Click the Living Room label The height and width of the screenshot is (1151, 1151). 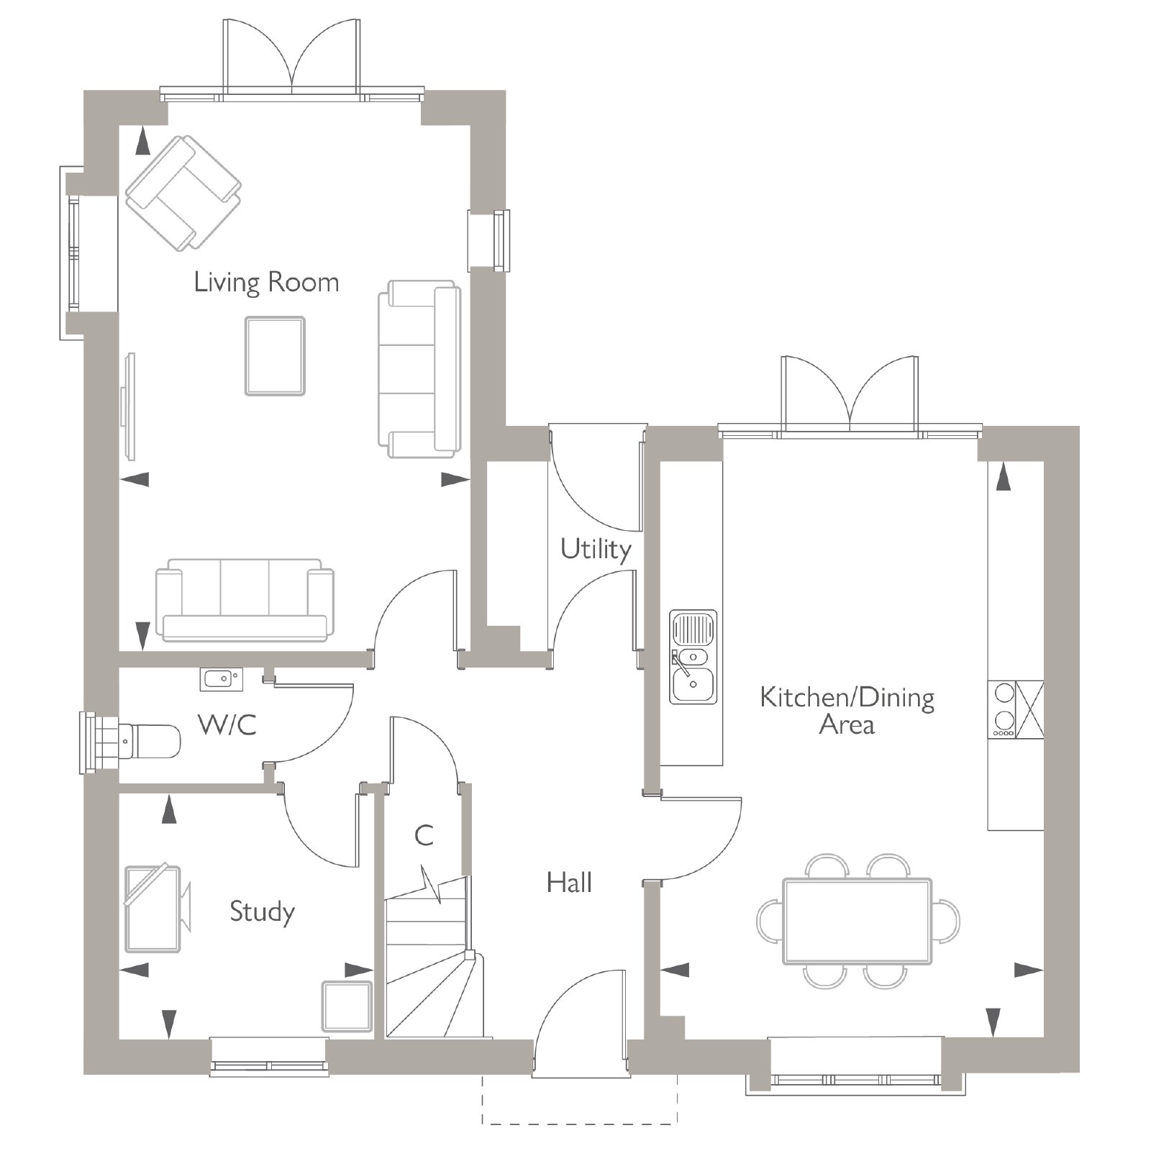pos(266,282)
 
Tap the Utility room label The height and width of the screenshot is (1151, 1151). pos(596,549)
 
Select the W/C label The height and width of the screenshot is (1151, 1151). pos(227,724)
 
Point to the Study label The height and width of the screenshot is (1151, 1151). pos(262,912)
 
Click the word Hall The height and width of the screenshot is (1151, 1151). pos(569,882)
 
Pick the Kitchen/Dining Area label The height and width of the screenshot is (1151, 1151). pos(847,711)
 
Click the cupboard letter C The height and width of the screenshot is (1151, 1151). pos(424,835)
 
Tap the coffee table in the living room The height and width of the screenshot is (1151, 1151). pos(275,356)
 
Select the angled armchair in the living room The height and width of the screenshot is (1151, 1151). pos(183,194)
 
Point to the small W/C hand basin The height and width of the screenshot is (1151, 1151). pos(221,678)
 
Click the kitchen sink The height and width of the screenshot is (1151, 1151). pos(693,657)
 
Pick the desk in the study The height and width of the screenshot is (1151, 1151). pos(153,909)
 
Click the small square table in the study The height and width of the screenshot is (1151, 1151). pos(346,1006)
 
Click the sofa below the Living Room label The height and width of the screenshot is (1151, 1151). pos(245,600)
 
